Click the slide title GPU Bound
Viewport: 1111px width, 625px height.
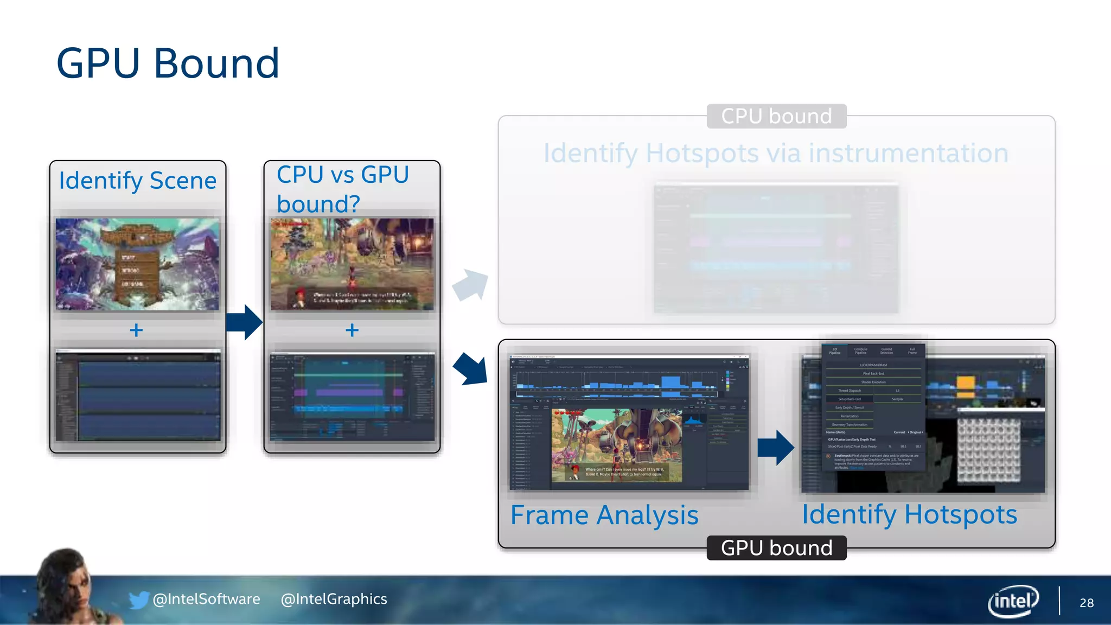168,63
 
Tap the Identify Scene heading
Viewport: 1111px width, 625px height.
138,181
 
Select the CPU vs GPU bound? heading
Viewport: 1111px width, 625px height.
343,189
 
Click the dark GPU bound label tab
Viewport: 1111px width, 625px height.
776,548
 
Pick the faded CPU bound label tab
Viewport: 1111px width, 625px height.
776,116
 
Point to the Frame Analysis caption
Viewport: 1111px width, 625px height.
604,515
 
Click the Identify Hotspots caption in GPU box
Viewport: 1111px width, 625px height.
909,514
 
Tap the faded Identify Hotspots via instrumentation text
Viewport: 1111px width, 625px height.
776,153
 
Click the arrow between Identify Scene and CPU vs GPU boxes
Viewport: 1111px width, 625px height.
245,322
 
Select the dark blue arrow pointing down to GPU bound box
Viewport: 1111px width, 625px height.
470,369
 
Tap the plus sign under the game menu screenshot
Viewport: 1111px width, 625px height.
136,330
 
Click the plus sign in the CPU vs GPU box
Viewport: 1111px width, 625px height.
352,330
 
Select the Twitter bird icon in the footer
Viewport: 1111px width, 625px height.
138,600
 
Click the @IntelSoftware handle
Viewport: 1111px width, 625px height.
207,599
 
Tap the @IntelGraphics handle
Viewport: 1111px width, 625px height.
334,599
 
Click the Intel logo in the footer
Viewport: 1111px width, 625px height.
1013,601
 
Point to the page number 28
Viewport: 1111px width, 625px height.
1087,603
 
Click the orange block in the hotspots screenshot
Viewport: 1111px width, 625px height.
966,383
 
